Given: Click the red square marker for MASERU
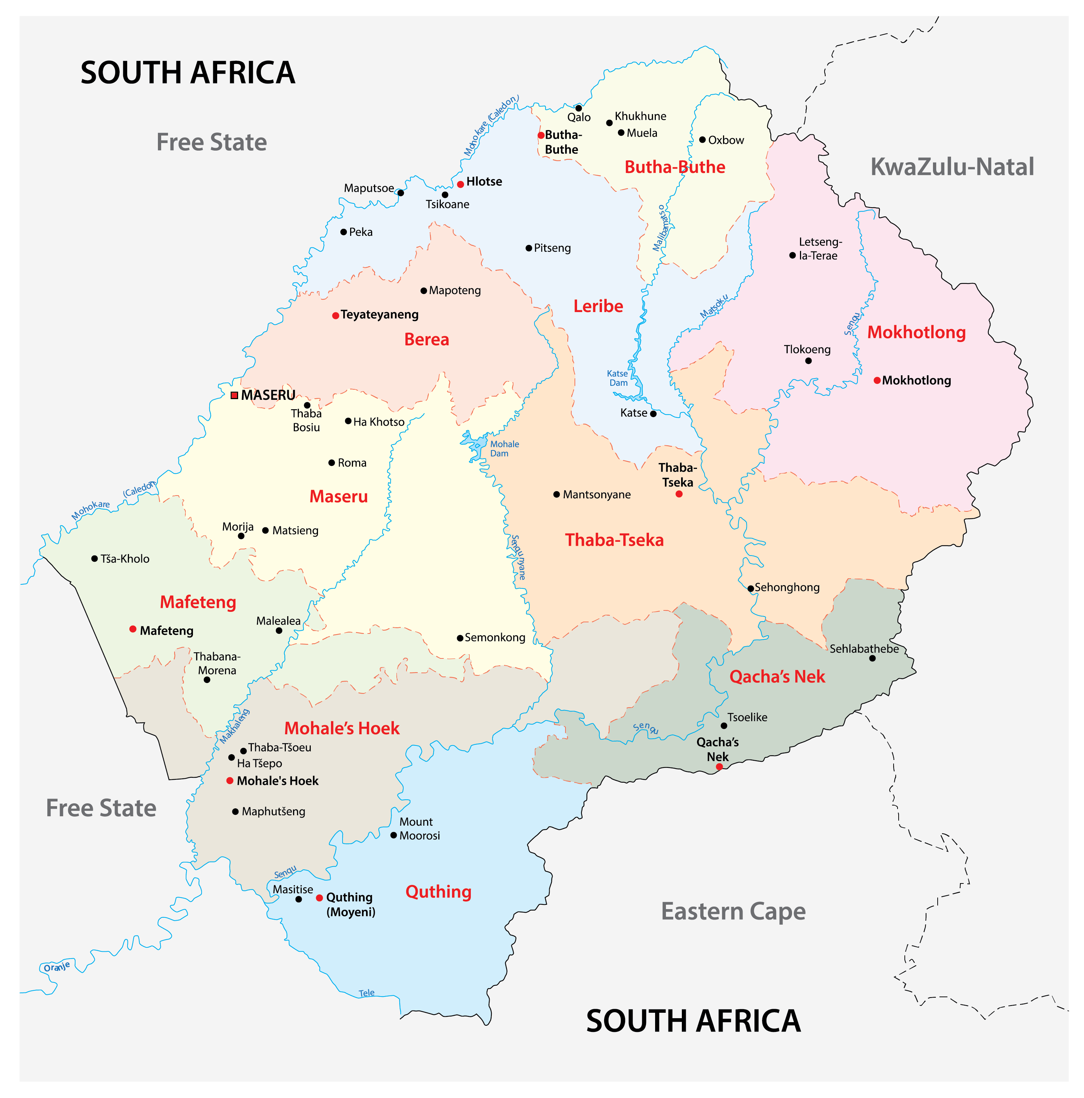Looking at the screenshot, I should click(234, 395).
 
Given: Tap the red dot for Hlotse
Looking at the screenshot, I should click(460, 184).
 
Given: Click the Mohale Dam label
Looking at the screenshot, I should click(504, 448).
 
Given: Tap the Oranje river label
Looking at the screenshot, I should click(56, 967).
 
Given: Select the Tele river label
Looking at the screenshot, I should click(367, 993).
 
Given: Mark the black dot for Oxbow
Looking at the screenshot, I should click(702, 139).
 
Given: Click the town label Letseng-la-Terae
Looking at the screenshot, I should click(819, 248).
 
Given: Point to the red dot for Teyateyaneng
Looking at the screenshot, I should click(335, 315).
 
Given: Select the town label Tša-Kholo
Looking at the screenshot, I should click(125, 559).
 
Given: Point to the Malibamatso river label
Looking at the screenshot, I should click(662, 229).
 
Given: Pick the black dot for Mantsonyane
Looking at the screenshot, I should click(556, 494).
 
